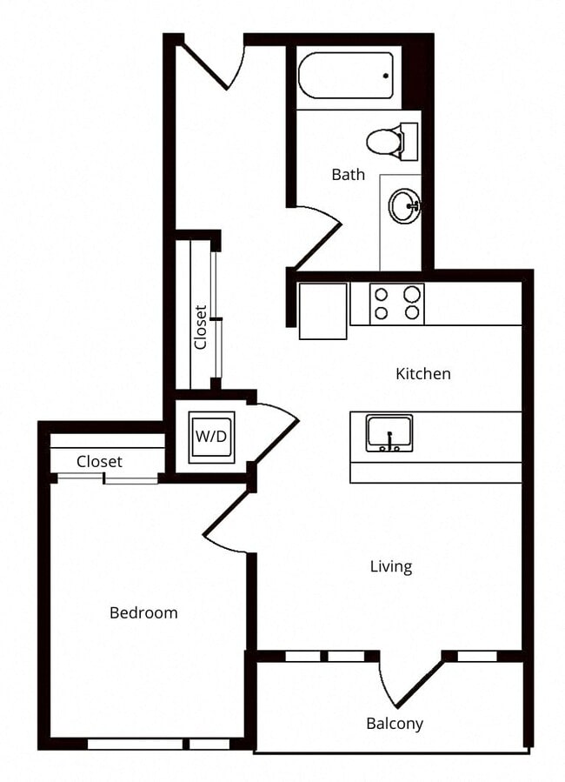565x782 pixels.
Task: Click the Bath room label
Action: tap(348, 175)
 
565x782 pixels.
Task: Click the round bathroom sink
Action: tap(404, 207)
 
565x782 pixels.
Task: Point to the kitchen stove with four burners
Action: tap(396, 304)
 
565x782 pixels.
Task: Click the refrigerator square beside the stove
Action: tap(322, 310)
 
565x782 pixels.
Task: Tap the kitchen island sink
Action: tap(389, 432)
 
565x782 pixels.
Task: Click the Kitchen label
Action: tap(423, 374)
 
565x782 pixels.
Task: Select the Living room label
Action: tap(391, 567)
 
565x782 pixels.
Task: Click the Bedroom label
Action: tap(143, 613)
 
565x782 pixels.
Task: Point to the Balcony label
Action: tap(395, 724)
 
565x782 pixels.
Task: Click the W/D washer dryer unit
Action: tap(211, 436)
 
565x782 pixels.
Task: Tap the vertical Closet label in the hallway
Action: tap(201, 326)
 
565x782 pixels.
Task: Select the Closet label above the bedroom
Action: tap(99, 462)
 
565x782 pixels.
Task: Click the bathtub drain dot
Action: tap(385, 77)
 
